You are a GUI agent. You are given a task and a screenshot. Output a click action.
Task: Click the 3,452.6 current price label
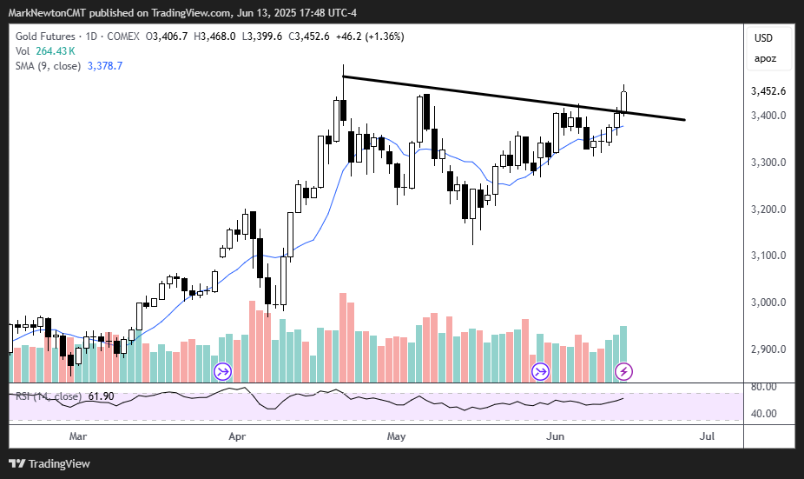(x=768, y=91)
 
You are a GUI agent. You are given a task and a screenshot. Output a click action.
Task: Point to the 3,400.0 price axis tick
(x=768, y=116)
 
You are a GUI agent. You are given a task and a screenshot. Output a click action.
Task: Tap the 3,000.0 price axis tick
(x=768, y=303)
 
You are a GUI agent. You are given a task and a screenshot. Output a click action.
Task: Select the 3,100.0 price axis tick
(x=768, y=256)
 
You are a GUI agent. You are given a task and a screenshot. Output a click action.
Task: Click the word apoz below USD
(x=765, y=59)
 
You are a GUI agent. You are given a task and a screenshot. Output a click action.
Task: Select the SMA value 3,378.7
(x=103, y=66)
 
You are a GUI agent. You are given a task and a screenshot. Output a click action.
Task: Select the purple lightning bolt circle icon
(x=623, y=372)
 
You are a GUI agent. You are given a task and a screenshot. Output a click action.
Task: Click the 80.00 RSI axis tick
(x=764, y=387)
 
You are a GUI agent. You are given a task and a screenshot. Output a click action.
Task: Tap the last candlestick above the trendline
(x=623, y=101)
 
